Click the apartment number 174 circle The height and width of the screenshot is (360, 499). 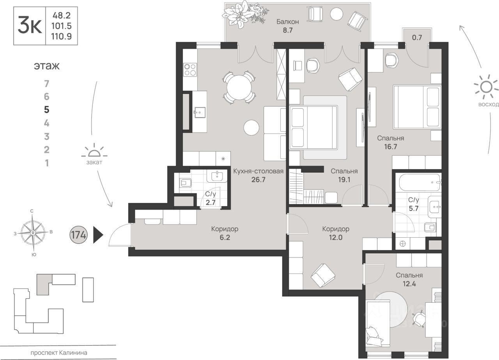click(x=78, y=235)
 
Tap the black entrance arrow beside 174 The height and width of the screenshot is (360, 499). click(x=98, y=235)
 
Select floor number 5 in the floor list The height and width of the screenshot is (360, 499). click(x=46, y=109)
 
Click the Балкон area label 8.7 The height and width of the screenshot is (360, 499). click(x=288, y=30)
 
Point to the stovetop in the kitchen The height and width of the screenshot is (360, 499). click(x=190, y=70)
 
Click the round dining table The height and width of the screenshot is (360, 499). click(x=239, y=87)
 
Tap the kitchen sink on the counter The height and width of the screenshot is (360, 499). click(x=200, y=112)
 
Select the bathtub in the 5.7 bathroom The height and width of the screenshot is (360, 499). click(x=419, y=183)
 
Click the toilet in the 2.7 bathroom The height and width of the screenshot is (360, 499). click(x=185, y=183)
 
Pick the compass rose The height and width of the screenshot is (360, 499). click(x=33, y=233)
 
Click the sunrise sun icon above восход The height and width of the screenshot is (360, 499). click(x=486, y=87)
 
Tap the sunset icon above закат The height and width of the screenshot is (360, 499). click(x=94, y=151)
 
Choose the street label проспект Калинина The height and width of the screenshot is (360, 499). click(x=59, y=353)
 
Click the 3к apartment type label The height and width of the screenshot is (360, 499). click(x=30, y=26)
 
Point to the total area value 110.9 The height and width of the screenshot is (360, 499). click(x=61, y=36)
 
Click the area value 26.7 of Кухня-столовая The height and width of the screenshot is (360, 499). click(x=258, y=180)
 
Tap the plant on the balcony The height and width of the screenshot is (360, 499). click(x=244, y=14)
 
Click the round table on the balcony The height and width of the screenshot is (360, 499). click(x=336, y=14)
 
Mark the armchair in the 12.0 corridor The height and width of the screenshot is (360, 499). click(x=323, y=275)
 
